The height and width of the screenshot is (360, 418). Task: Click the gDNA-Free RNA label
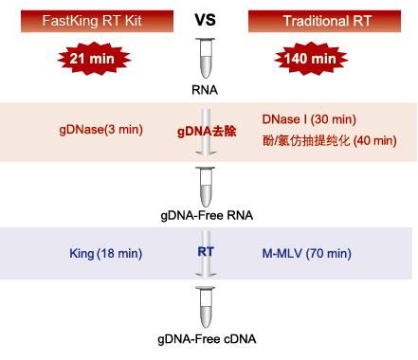pyautogui.click(x=208, y=214)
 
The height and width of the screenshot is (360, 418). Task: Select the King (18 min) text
pyautogui.click(x=106, y=253)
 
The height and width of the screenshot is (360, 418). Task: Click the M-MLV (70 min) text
pyautogui.click(x=306, y=253)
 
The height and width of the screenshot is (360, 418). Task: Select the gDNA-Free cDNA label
pyautogui.click(x=208, y=338)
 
